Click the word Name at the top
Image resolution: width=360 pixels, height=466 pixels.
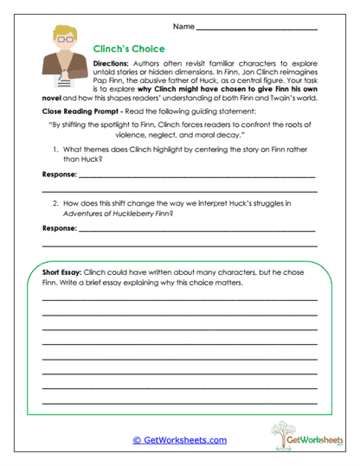183,26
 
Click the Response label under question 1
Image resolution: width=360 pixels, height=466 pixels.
60,176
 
